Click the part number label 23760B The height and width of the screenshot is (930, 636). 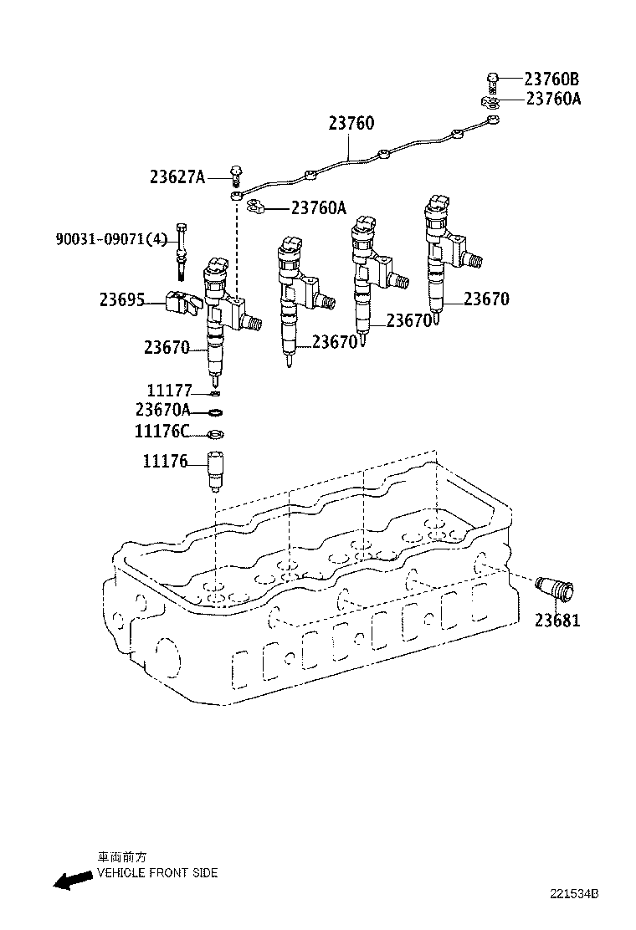551,79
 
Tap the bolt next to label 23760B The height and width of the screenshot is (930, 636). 492,81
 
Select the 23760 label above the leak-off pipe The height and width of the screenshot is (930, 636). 351,124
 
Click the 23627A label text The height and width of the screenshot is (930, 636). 177,176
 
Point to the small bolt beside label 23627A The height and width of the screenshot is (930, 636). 237,174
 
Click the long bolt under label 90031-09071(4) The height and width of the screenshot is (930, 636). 182,253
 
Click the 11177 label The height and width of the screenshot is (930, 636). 170,391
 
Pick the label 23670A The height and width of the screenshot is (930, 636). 163,410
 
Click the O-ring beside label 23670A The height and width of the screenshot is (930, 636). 215,411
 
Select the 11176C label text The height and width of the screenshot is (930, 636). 162,432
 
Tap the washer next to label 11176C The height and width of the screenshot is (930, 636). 215,433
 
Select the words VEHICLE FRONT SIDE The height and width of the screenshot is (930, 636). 157,873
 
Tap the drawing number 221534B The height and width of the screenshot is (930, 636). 574,917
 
